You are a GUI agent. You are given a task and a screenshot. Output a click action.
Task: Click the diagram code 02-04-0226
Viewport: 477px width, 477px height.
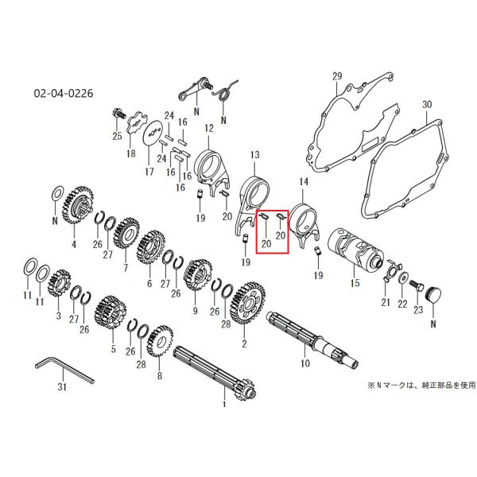click(64, 93)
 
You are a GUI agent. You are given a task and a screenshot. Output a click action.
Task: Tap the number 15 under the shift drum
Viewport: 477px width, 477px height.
click(355, 283)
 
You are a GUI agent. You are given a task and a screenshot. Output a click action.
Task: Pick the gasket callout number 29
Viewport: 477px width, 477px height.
click(337, 76)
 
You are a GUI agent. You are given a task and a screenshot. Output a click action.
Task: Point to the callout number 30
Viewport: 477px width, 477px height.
click(427, 104)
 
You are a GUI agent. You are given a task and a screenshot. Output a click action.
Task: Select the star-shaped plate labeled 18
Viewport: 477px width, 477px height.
click(137, 124)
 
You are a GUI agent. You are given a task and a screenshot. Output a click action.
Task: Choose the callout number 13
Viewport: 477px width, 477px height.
click(255, 155)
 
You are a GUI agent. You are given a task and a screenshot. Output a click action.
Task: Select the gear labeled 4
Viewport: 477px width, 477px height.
click(78, 205)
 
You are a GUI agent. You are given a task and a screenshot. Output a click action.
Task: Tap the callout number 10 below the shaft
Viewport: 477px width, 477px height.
click(305, 363)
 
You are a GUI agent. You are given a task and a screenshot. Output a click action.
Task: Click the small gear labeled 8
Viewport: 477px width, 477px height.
click(160, 341)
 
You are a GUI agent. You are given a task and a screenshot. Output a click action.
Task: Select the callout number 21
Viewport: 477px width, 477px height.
click(386, 302)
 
